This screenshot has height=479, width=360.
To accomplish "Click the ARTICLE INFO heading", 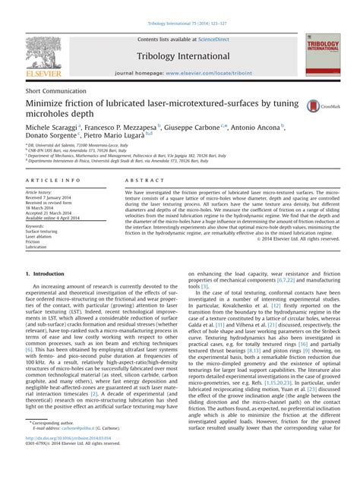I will [53, 181].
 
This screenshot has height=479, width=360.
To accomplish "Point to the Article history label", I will [40, 193].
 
